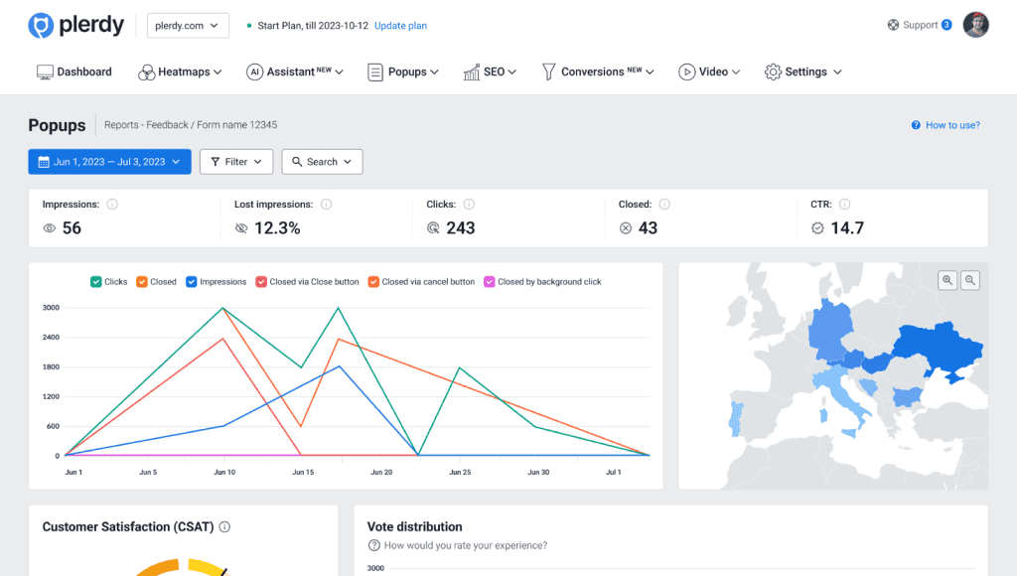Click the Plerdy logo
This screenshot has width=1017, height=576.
75,26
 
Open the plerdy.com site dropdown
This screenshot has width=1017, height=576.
188,26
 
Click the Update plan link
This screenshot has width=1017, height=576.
400,26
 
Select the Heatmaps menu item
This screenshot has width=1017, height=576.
180,72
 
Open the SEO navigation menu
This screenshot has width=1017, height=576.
490,72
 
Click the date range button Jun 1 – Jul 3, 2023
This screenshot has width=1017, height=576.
109,162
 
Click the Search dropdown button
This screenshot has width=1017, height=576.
322,162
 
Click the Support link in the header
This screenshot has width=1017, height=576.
919,25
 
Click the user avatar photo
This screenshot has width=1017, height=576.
976,25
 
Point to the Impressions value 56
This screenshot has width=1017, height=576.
72,228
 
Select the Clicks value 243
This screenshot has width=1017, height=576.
460,228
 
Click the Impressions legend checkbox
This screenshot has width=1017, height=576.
192,282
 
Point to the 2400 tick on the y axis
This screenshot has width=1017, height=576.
50,338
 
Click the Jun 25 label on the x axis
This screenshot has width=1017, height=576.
459,473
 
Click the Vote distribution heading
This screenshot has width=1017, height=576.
414,526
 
